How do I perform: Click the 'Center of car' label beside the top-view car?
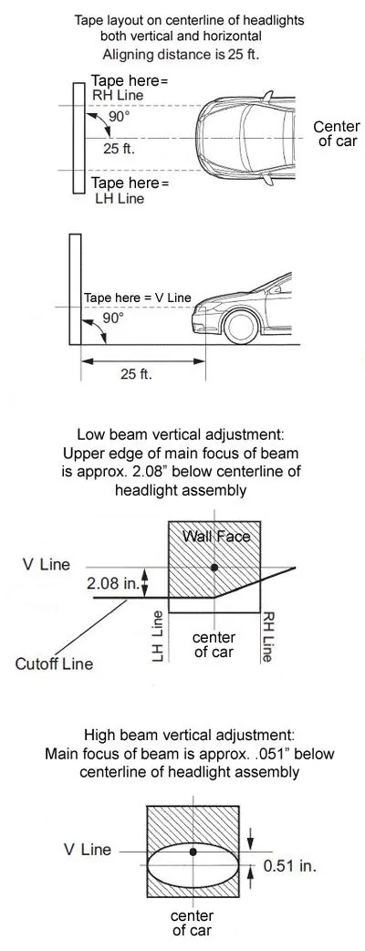[x=337, y=134]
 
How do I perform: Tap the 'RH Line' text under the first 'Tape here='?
[x=118, y=95]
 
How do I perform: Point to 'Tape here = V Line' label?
[x=138, y=298]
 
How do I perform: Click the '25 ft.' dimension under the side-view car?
[x=137, y=373]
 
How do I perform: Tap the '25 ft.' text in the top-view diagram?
[x=119, y=149]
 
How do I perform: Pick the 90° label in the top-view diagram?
[x=119, y=116]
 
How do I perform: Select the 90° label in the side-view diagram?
[x=113, y=318]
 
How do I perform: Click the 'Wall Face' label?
[x=216, y=536]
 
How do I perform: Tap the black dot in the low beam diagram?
[x=214, y=567]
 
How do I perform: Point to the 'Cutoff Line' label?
[x=55, y=664]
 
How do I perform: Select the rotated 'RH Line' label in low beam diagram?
[x=268, y=637]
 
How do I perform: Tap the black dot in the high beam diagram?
[x=193, y=852]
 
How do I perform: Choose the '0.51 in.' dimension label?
[x=290, y=865]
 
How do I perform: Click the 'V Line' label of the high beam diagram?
[x=88, y=850]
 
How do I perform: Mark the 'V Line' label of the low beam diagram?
[x=47, y=565]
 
